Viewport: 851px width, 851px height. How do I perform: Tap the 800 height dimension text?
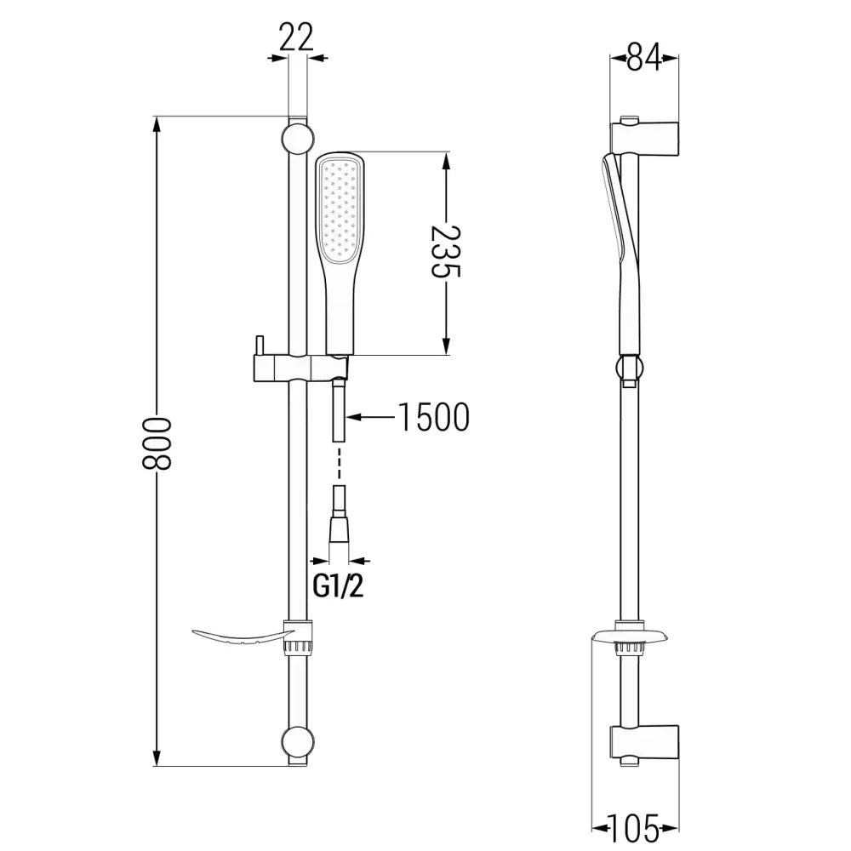click(x=157, y=443)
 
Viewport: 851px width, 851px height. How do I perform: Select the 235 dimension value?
click(x=445, y=253)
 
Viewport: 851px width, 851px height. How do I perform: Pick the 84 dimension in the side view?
click(x=645, y=59)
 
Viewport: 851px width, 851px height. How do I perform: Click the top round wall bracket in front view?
click(x=297, y=138)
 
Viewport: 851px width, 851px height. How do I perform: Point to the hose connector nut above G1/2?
click(x=339, y=524)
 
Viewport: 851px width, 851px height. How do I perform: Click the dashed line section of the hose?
click(x=339, y=468)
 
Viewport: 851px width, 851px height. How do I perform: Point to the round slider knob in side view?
click(x=629, y=368)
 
